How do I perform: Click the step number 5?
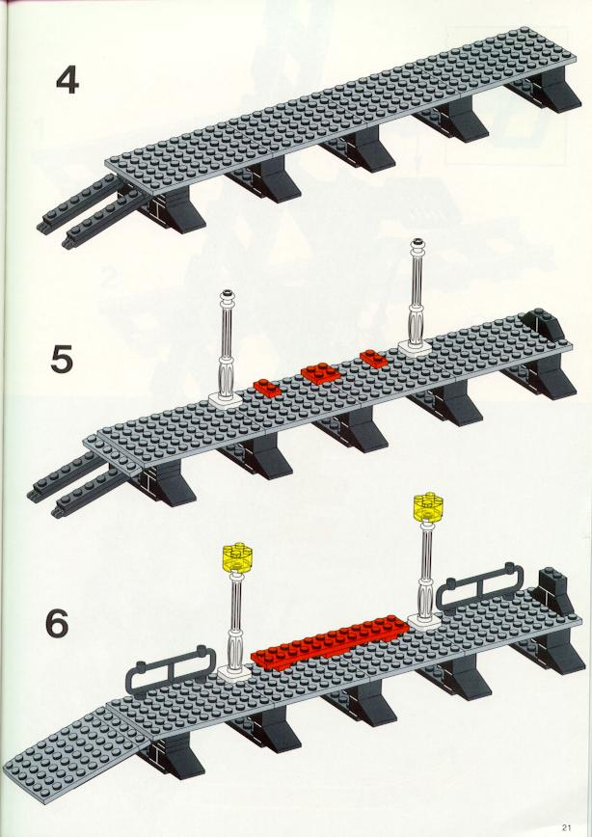pos(62,360)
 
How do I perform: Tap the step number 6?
pos(57,624)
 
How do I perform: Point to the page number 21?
pos(566,828)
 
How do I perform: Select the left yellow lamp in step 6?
pos(237,557)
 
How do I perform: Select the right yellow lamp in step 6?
pos(428,507)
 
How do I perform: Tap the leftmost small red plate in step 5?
pos(267,388)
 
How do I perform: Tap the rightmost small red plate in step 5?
pos(374,359)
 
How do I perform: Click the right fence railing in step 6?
pos(479,585)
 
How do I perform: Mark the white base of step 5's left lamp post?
pos(226,399)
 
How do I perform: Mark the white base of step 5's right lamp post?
pos(415,348)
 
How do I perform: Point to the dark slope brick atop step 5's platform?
pos(544,325)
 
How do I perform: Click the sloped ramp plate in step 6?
pos(74,753)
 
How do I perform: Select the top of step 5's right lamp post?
pos(417,244)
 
